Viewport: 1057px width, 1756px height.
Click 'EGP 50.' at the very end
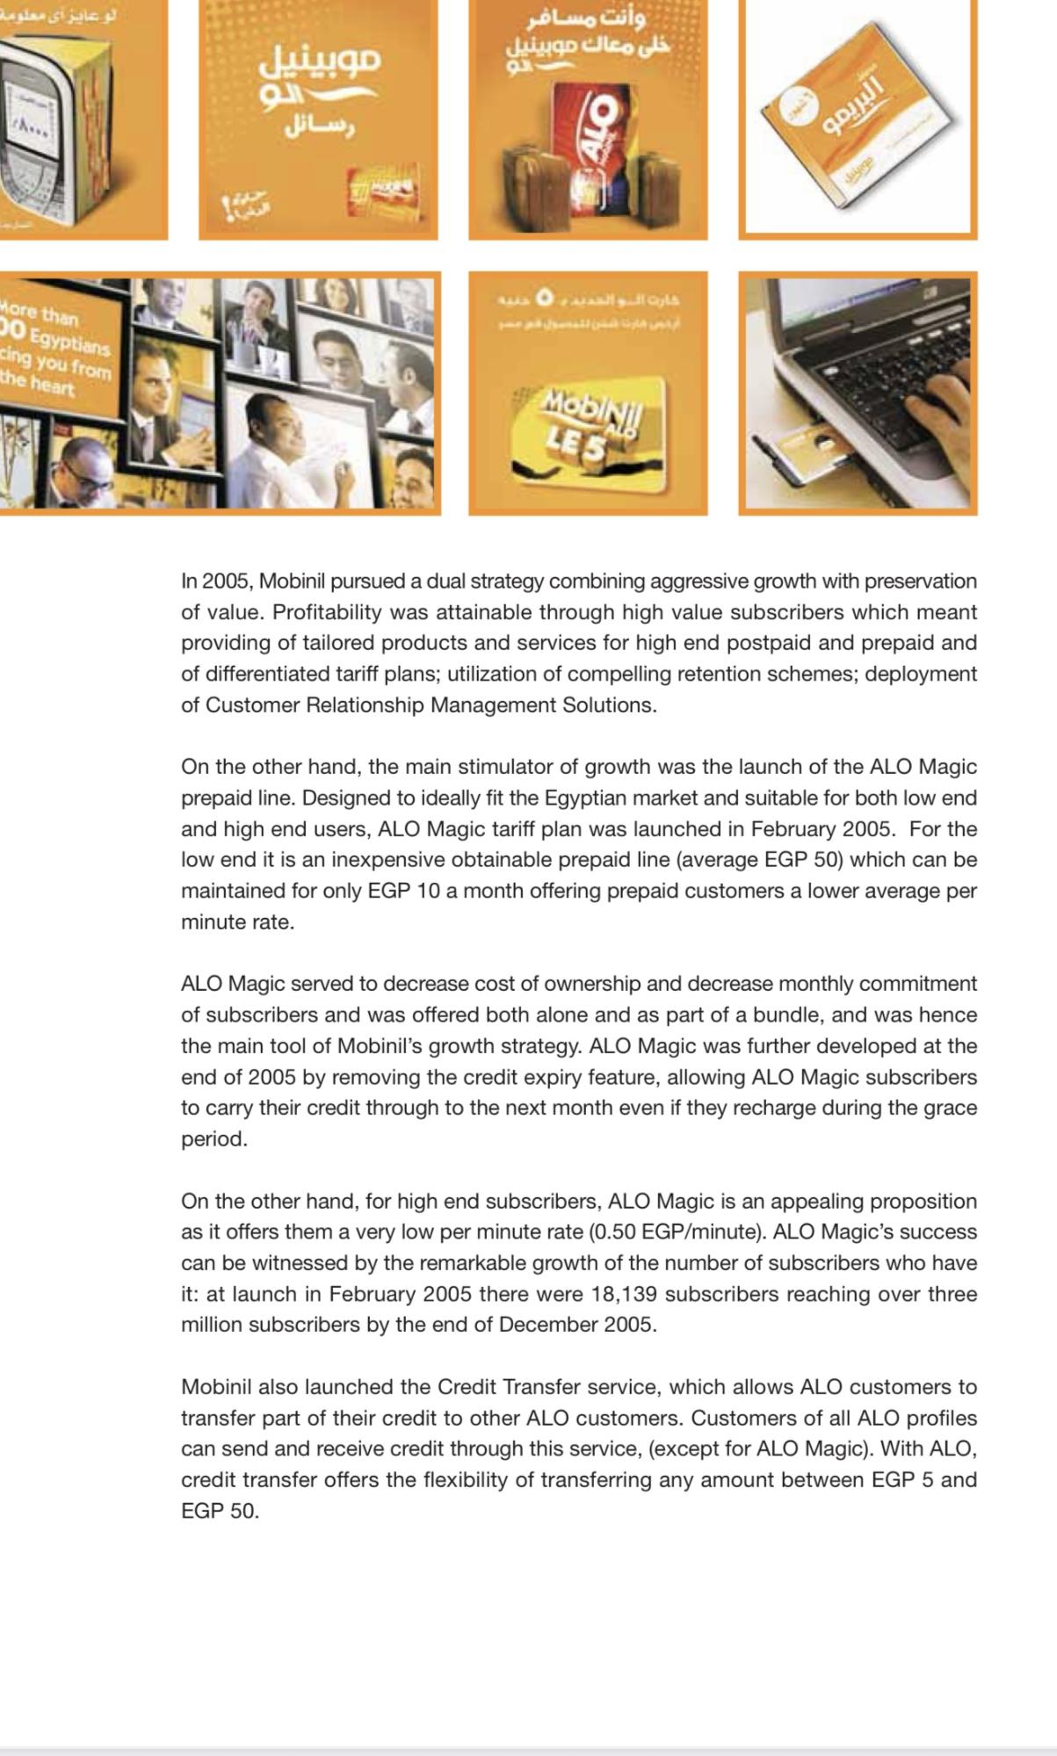click(220, 1511)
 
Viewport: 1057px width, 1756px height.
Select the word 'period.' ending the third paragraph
click(214, 1139)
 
